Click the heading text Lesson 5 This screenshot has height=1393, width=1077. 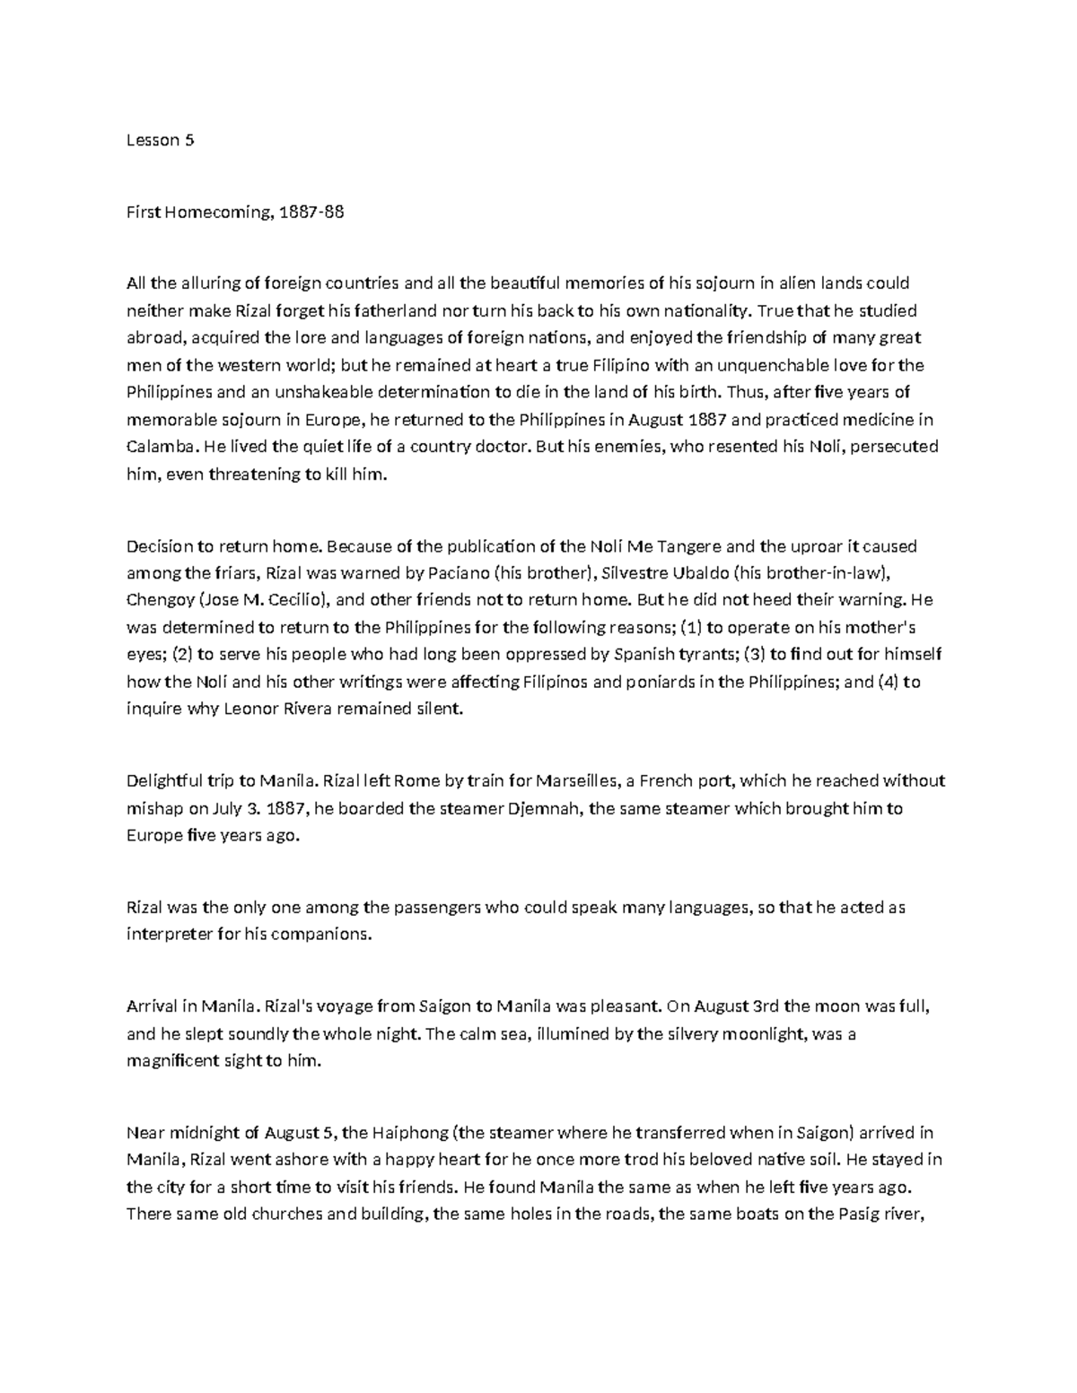(x=161, y=140)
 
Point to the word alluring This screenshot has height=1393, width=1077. (x=210, y=283)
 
